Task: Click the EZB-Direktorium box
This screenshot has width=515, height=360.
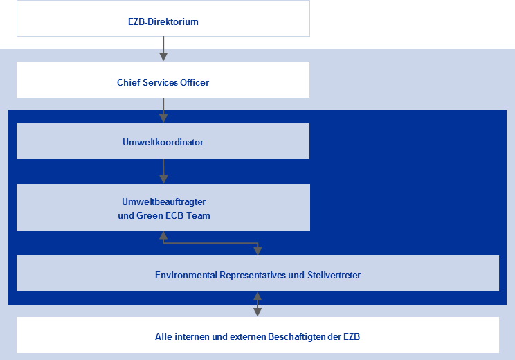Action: [x=163, y=21]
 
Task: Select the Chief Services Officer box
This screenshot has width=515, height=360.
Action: [x=163, y=82]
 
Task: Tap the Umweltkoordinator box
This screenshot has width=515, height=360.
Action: [x=163, y=142]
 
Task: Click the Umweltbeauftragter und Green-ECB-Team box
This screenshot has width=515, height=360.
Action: [x=163, y=208]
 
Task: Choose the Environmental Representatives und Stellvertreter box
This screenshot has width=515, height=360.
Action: [x=257, y=275]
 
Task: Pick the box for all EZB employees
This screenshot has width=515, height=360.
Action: [x=257, y=336]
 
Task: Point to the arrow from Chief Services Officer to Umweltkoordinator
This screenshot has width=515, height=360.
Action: [x=163, y=109]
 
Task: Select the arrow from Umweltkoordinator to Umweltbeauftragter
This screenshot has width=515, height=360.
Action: [x=163, y=170]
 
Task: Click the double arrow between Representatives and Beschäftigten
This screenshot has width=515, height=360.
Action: [x=257, y=304]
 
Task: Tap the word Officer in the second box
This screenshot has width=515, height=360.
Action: [x=194, y=82]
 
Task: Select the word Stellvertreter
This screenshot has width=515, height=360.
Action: [x=334, y=275]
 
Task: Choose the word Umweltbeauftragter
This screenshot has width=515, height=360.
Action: [x=163, y=201]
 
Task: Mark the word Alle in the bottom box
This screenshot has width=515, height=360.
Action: [x=163, y=336]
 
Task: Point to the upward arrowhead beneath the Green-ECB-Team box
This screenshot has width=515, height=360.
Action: [x=163, y=235]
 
